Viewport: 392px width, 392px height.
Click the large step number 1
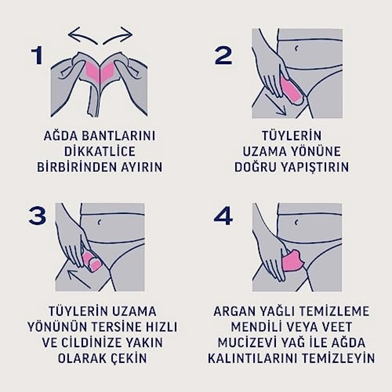coord(38,56)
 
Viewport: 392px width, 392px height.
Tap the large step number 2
coord(223,56)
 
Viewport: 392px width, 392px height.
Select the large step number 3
coord(38,216)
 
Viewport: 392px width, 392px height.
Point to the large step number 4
coord(223,216)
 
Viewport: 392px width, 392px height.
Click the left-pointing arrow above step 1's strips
coord(83,35)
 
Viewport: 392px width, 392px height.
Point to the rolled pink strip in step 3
coord(92,261)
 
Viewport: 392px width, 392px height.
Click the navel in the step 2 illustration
coord(297,49)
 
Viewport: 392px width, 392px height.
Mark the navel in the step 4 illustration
coord(297,222)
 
